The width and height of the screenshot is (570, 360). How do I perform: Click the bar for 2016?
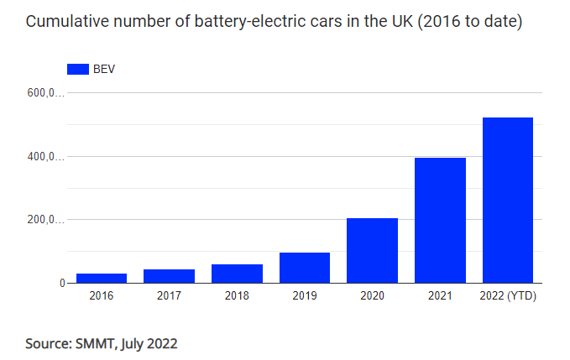pos(102,278)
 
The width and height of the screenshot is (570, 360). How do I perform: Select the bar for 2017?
pos(170,276)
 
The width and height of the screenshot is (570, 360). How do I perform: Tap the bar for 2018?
pos(237,274)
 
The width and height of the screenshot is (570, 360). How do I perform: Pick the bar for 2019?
pos(305,268)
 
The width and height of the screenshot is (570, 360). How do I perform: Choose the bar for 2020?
pos(372,250)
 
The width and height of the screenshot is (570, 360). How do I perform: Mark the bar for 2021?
pos(440,220)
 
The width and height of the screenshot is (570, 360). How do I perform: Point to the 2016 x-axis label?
pos(102,295)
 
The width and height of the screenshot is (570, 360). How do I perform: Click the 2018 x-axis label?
pos(237,295)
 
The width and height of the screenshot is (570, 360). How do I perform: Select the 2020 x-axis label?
pos(372,295)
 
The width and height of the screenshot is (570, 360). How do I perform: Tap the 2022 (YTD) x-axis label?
pos(508,295)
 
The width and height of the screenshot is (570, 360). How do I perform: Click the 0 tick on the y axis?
pos(61,284)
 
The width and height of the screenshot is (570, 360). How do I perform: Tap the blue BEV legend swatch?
pos(77,69)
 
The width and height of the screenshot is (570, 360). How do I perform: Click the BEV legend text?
pos(104,69)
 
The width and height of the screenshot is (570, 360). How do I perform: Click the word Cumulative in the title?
pos(64,22)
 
